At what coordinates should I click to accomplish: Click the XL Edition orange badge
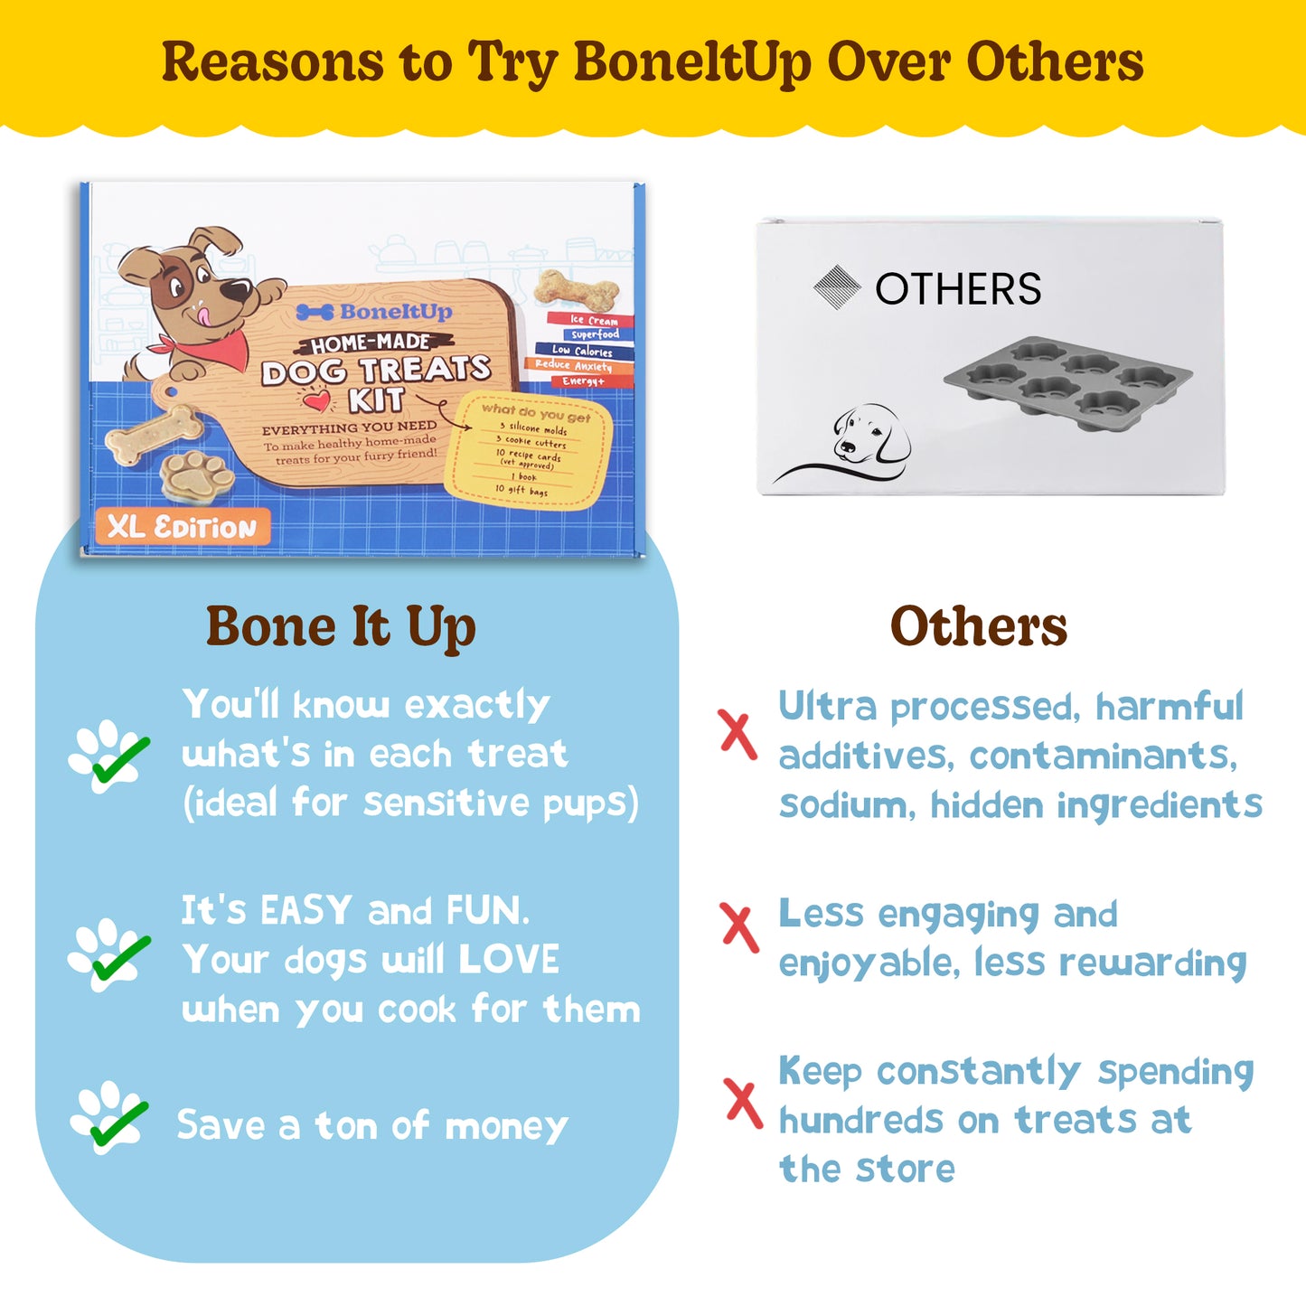pos(183,527)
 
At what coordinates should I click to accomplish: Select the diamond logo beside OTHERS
pos(837,287)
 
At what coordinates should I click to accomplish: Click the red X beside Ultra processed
pos(738,733)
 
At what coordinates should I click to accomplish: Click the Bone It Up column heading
pos(341,627)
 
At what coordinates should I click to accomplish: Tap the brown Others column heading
pos(978,626)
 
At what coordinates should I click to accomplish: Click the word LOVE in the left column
pos(509,960)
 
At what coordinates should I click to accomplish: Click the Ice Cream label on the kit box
pos(592,320)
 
